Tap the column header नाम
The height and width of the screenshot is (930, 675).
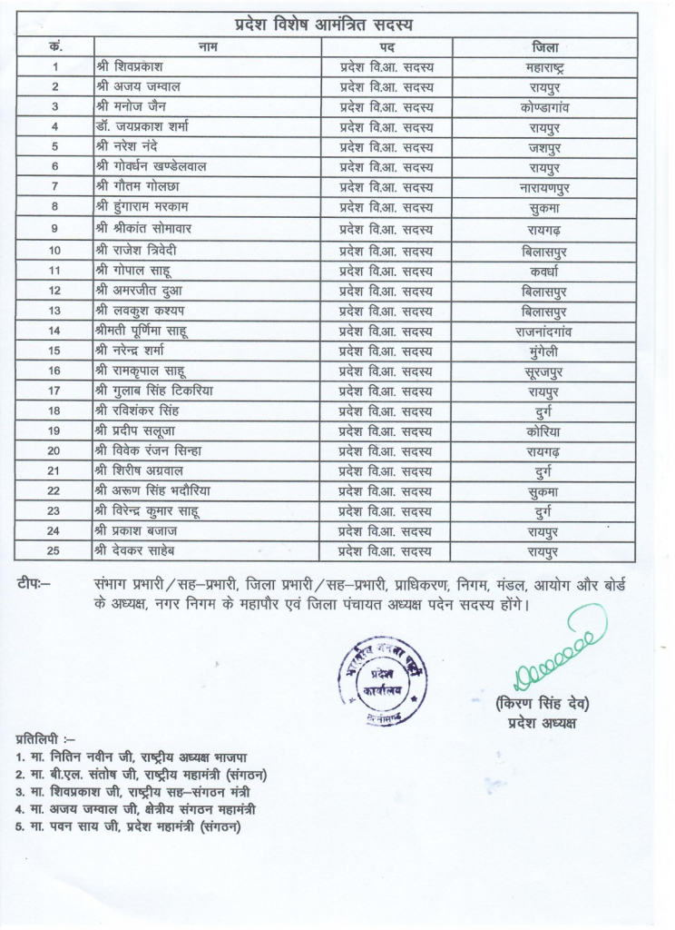(208, 46)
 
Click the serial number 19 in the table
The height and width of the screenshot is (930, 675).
(55, 431)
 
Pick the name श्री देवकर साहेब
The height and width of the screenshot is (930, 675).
(139, 551)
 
